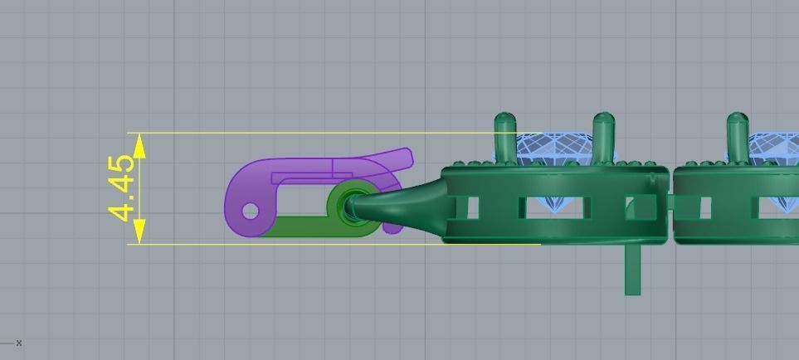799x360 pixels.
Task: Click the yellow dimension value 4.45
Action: (122, 188)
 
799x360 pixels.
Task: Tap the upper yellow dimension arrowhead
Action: (139, 146)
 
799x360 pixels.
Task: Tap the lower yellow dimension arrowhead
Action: (139, 231)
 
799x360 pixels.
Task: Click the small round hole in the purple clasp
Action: (251, 212)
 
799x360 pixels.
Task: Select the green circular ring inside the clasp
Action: (352, 204)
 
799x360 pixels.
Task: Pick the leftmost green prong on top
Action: (504, 137)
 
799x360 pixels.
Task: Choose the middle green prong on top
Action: (603, 137)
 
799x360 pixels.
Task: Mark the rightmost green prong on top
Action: (737, 137)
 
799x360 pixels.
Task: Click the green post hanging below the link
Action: (632, 270)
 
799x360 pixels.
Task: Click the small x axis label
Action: (18, 343)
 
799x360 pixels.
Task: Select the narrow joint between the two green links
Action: (671, 203)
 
